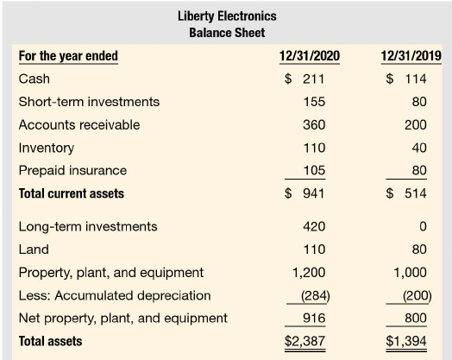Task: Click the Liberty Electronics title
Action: (227, 16)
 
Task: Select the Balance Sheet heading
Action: (227, 33)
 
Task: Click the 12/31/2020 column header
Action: (310, 55)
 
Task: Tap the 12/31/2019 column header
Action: (411, 55)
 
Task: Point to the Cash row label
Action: (34, 79)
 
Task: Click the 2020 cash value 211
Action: (314, 79)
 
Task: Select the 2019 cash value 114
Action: (416, 79)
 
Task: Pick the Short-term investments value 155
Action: (314, 102)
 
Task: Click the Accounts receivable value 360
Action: (314, 125)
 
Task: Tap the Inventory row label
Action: (47, 148)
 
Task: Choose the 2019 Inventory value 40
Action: (419, 148)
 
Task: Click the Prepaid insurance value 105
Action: (314, 170)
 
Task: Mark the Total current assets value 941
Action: (314, 193)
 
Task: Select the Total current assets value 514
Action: (416, 193)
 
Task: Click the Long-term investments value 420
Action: (314, 226)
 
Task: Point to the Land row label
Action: (34, 249)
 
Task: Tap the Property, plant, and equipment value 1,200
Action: (309, 272)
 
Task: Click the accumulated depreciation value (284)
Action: (316, 295)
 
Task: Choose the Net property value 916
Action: (314, 318)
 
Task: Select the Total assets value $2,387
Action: (304, 341)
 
